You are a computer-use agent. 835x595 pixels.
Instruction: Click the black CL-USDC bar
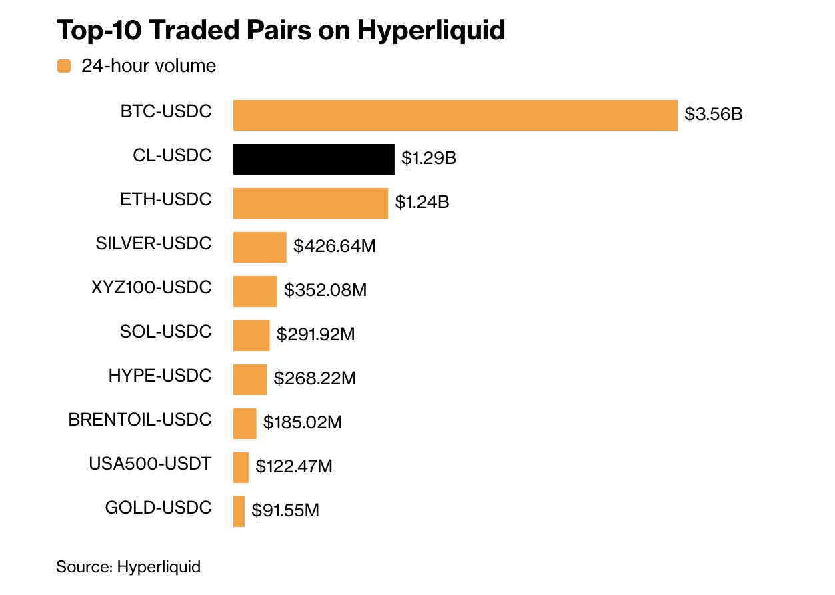(x=313, y=159)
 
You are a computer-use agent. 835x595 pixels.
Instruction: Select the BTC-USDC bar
(x=455, y=115)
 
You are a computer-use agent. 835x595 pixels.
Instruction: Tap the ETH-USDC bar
(x=310, y=203)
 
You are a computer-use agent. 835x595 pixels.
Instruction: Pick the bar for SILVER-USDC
(x=259, y=247)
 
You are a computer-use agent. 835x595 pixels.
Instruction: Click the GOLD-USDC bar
(x=239, y=512)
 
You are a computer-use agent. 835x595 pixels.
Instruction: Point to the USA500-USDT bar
(x=241, y=467)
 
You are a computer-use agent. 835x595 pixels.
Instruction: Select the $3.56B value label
(x=713, y=115)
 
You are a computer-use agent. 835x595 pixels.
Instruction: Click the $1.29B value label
(x=429, y=159)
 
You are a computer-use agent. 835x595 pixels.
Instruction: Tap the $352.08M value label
(x=325, y=291)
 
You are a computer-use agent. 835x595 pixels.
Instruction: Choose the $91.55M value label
(x=285, y=511)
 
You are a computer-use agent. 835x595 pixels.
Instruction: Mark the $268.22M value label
(x=315, y=379)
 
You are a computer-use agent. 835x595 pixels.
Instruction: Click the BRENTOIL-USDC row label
(x=140, y=420)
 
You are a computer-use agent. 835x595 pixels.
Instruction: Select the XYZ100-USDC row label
(x=151, y=288)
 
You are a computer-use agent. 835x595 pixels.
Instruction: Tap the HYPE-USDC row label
(x=160, y=376)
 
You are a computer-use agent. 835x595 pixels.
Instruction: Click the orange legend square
(x=64, y=66)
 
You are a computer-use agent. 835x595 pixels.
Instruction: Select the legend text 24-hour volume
(x=149, y=66)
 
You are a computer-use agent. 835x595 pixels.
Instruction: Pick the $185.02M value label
(x=303, y=423)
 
